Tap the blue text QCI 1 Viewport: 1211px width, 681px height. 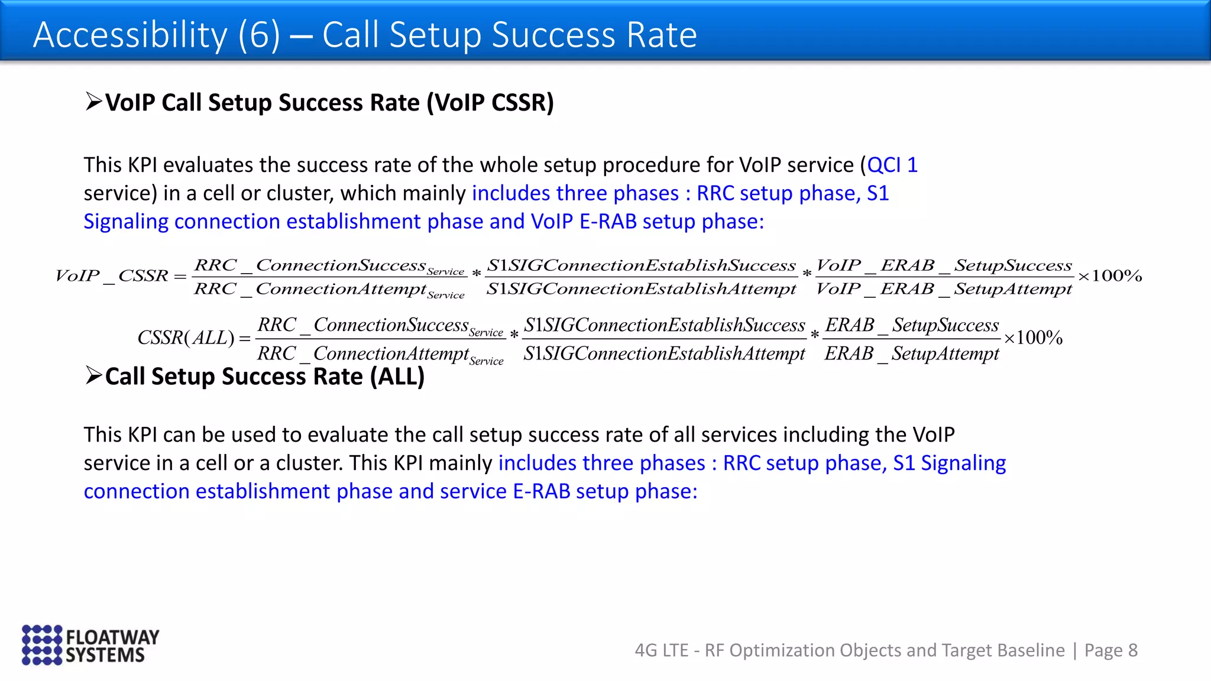pos(892,165)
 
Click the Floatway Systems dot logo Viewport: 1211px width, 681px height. pos(41,645)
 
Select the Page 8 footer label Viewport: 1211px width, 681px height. pos(1110,650)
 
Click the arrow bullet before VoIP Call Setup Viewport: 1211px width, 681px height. pos(93,102)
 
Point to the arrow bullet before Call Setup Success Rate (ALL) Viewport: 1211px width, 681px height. pos(93,375)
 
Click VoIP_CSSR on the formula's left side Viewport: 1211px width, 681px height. pos(112,276)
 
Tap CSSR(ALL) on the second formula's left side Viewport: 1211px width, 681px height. pos(186,338)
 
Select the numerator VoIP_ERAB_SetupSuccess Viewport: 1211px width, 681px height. pos(944,265)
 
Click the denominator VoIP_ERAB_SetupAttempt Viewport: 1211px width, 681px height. pos(944,289)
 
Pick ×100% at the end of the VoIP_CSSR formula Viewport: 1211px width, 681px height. pos(1110,276)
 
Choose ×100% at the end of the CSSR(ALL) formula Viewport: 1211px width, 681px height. pos(1033,338)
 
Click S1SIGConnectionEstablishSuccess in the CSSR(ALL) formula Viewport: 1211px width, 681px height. pos(665,325)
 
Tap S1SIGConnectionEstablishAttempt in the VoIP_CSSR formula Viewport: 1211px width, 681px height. pos(641,289)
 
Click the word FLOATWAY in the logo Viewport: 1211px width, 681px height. pos(112,637)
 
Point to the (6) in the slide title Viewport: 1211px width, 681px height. pos(259,35)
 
